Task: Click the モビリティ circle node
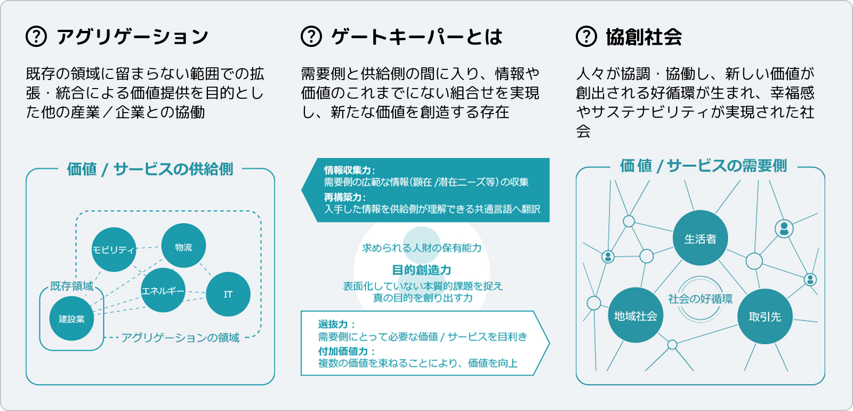[x=114, y=250]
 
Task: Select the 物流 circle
[x=183, y=246]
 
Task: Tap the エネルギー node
[x=163, y=290]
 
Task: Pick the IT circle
[x=228, y=294]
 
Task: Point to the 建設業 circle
[x=71, y=319]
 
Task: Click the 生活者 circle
[x=700, y=238]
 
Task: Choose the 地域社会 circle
[x=635, y=315]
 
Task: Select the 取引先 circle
[x=765, y=316]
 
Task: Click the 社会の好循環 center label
[x=700, y=299]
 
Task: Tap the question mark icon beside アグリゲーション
[x=36, y=37]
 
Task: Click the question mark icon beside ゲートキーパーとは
[x=311, y=37]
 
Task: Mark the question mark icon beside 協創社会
[x=586, y=37]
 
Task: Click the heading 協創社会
[x=643, y=37]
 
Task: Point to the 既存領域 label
[x=71, y=286]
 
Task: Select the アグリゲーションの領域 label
[x=180, y=337]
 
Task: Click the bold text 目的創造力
[x=422, y=270]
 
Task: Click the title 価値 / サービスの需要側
[x=703, y=166]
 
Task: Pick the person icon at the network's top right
[x=784, y=228]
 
